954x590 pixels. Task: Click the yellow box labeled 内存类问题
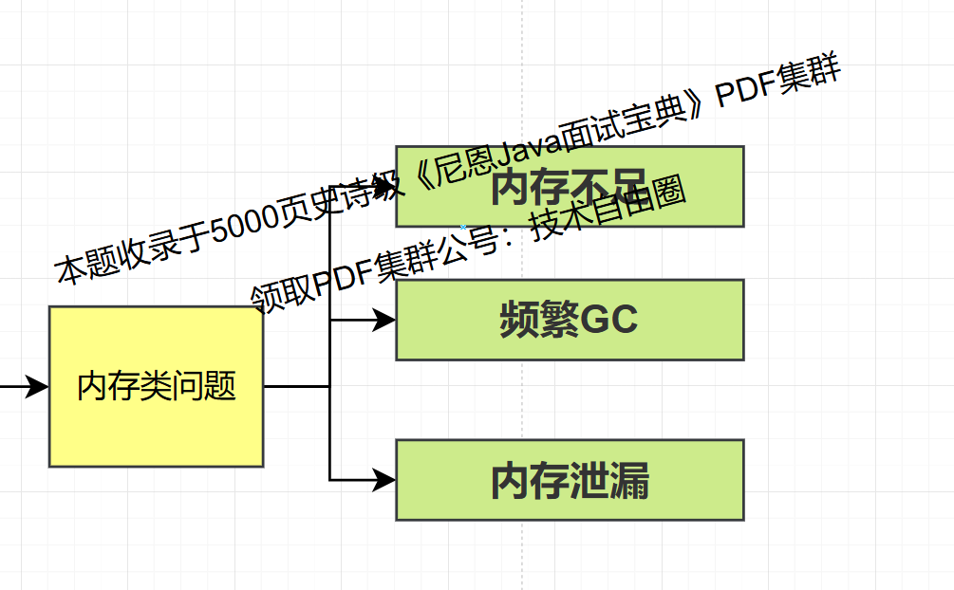[x=156, y=386]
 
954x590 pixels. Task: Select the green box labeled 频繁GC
[x=570, y=320]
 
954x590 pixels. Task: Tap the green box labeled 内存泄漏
[x=570, y=480]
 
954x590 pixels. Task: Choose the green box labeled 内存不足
[x=570, y=186]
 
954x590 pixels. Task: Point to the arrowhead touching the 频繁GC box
[x=384, y=321]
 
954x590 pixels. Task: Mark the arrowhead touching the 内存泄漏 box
[x=384, y=480]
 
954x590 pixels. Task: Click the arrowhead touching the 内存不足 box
[x=384, y=187]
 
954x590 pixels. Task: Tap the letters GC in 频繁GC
[x=608, y=321]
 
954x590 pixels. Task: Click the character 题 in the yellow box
[x=221, y=387]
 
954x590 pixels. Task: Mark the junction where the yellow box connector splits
[x=329, y=386]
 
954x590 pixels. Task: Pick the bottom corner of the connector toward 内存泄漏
[x=329, y=480]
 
